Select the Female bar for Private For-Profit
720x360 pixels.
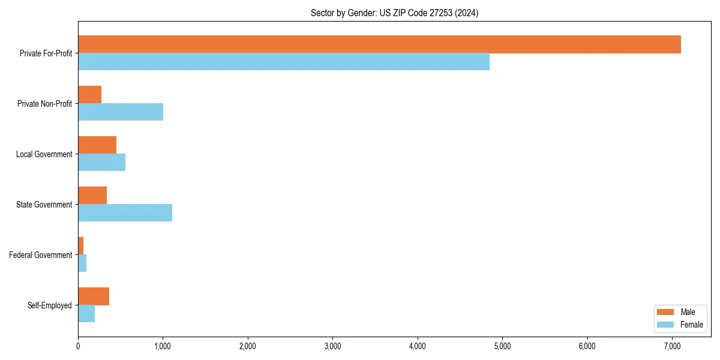coord(284,62)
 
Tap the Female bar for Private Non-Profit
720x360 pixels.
coord(121,112)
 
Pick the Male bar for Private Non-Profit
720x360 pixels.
coord(90,95)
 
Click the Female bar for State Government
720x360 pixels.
coord(125,213)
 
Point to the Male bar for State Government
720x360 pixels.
coord(92,196)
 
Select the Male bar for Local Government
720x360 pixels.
coord(97,145)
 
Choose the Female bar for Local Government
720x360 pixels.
coord(101,163)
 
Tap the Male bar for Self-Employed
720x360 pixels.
coord(94,296)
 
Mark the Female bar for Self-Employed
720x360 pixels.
coord(86,314)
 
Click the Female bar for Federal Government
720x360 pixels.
coord(82,263)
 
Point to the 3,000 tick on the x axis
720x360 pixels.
coord(332,346)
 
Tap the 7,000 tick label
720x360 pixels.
coord(672,346)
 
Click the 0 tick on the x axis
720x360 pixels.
coord(78,346)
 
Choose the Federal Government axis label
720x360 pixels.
coord(41,255)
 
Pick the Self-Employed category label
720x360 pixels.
coord(50,305)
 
